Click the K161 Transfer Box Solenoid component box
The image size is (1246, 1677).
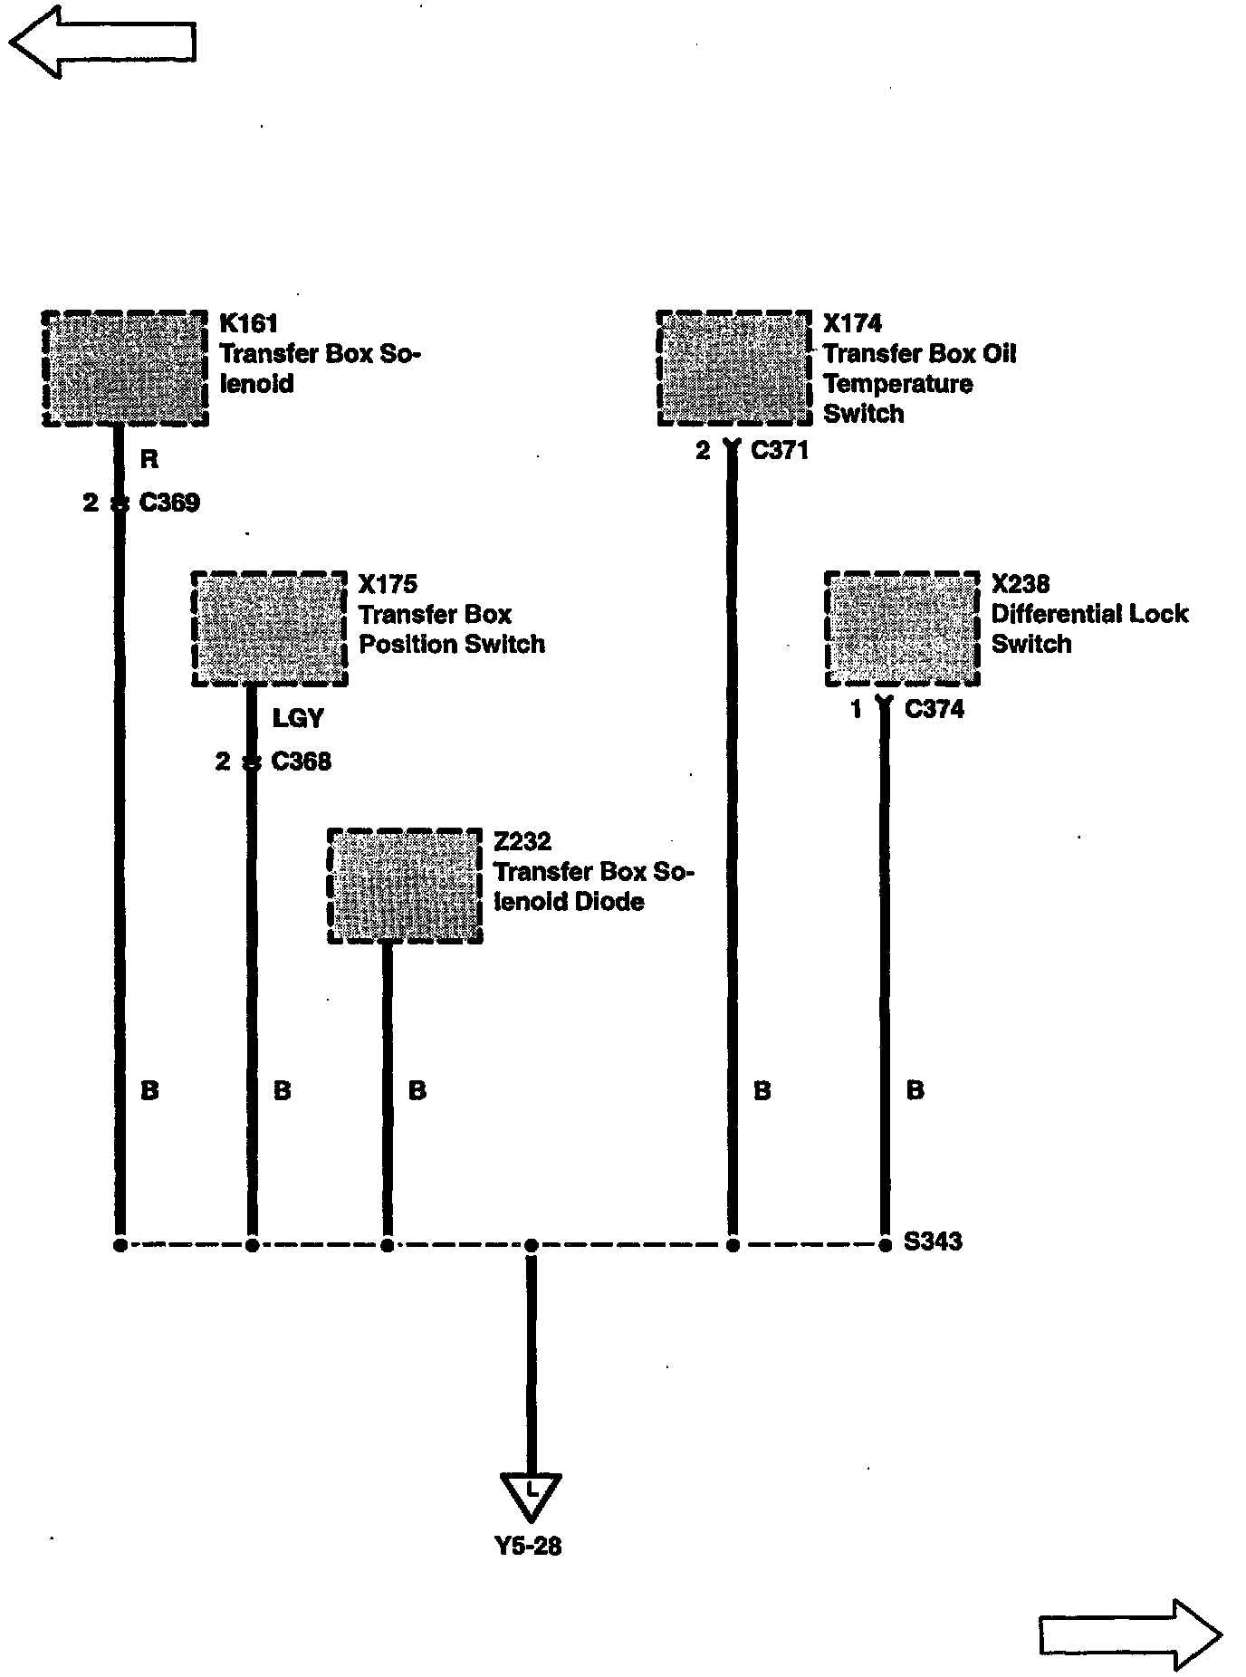tap(125, 368)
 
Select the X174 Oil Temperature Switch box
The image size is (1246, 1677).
tap(733, 368)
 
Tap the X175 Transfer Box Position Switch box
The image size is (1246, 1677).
tap(269, 628)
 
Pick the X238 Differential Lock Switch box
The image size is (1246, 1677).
tap(902, 628)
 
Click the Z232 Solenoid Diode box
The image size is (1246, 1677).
tap(405, 886)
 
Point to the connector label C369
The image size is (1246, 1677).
tap(169, 503)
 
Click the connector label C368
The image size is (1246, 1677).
tap(302, 762)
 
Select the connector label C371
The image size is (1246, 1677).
tap(780, 450)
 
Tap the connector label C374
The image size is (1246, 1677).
tap(934, 709)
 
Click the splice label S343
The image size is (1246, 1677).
tap(933, 1241)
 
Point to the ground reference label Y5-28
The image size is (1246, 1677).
tap(529, 1546)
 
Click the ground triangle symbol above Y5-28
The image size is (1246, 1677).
tap(531, 1496)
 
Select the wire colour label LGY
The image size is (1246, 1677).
tap(298, 719)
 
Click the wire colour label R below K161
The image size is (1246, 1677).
tap(149, 460)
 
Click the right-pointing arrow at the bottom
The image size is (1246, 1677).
tap(1131, 1634)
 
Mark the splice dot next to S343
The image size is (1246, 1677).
tap(886, 1245)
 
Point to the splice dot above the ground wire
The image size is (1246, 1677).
tap(532, 1246)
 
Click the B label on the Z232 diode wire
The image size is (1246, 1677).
tap(417, 1090)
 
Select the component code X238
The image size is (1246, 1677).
tap(1021, 584)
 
